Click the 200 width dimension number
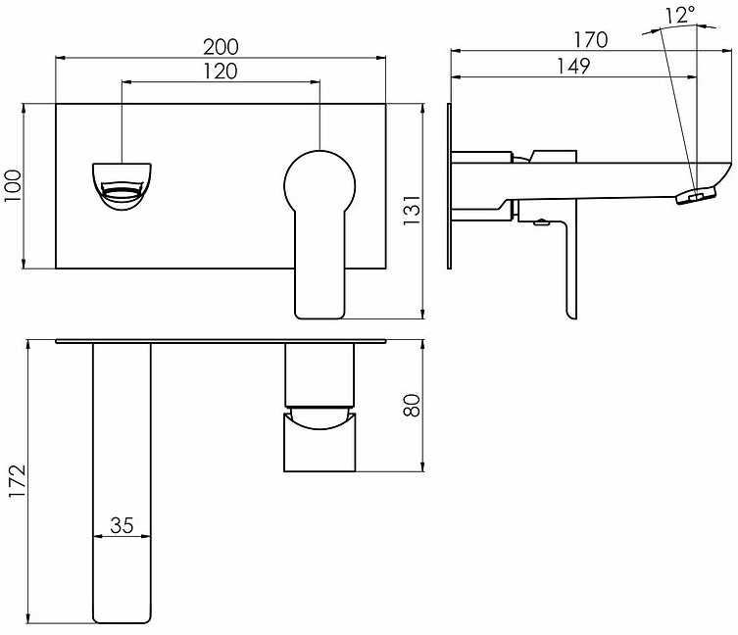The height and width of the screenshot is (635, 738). click(x=221, y=47)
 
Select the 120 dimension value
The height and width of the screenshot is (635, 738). click(x=221, y=72)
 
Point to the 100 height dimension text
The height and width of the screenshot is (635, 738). click(x=13, y=186)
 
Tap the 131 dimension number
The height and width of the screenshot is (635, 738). click(x=412, y=210)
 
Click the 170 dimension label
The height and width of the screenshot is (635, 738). click(x=591, y=40)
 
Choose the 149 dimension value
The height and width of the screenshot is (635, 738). click(x=573, y=67)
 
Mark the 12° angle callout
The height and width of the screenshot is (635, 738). click(x=680, y=15)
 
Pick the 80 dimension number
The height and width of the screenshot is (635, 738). click(x=412, y=406)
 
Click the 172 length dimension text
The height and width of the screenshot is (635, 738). click(x=18, y=481)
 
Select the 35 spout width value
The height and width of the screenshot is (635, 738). click(x=122, y=525)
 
